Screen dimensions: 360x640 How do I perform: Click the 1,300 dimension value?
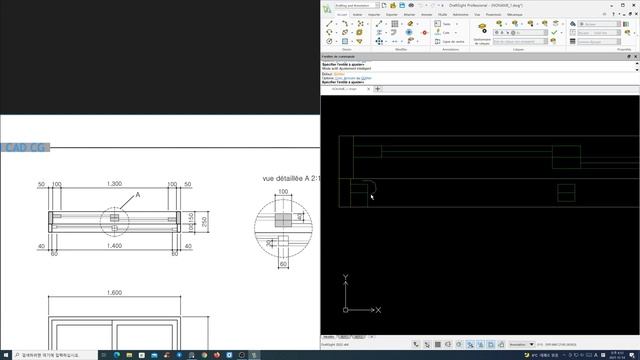coord(115,185)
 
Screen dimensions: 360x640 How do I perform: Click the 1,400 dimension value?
coord(115,245)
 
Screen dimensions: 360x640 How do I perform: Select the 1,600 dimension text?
coord(115,292)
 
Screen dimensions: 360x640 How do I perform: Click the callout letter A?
coord(138,195)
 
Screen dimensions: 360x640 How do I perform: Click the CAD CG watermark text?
coord(25,149)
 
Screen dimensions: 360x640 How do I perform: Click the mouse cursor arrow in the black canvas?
coord(371,196)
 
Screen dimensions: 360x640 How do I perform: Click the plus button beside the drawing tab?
coord(378,89)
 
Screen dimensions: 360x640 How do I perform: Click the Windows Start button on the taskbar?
coord(6,354)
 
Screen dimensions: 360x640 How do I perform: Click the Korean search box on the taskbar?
coord(50,354)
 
